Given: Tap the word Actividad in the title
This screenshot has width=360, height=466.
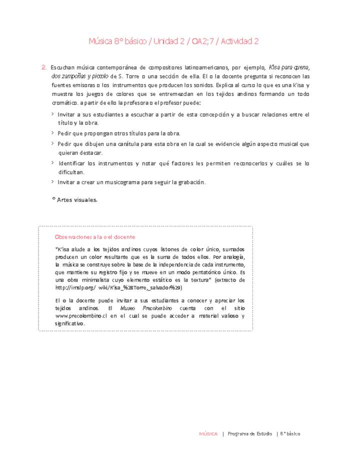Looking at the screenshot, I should pyautogui.click(x=228, y=41).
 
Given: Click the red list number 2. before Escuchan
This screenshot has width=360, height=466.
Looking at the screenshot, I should pyautogui.click(x=44, y=67).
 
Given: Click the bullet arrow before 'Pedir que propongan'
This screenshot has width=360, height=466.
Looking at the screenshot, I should pyautogui.click(x=53, y=133).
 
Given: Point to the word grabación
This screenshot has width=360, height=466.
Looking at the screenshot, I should pyautogui.click(x=188, y=182).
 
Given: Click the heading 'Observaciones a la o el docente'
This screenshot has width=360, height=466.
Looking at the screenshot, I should pyautogui.click(x=95, y=236).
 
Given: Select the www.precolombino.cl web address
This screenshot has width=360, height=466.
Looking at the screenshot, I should pyautogui.click(x=83, y=316).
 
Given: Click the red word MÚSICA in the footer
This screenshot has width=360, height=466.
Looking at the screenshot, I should pyautogui.click(x=208, y=433).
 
